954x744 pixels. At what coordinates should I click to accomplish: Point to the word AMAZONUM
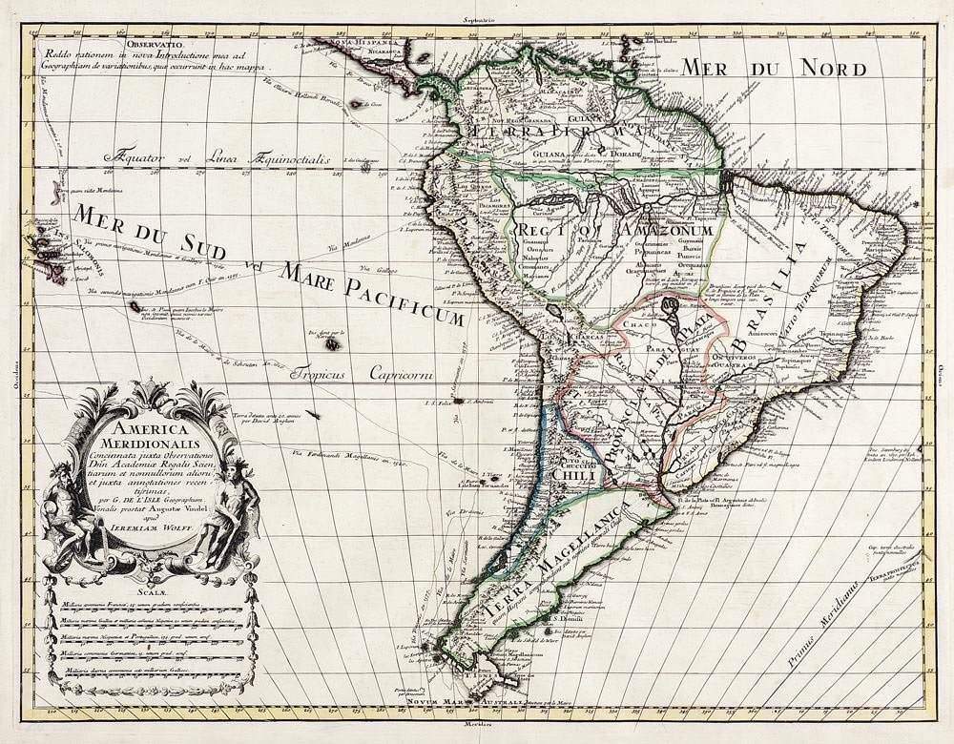(x=665, y=231)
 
